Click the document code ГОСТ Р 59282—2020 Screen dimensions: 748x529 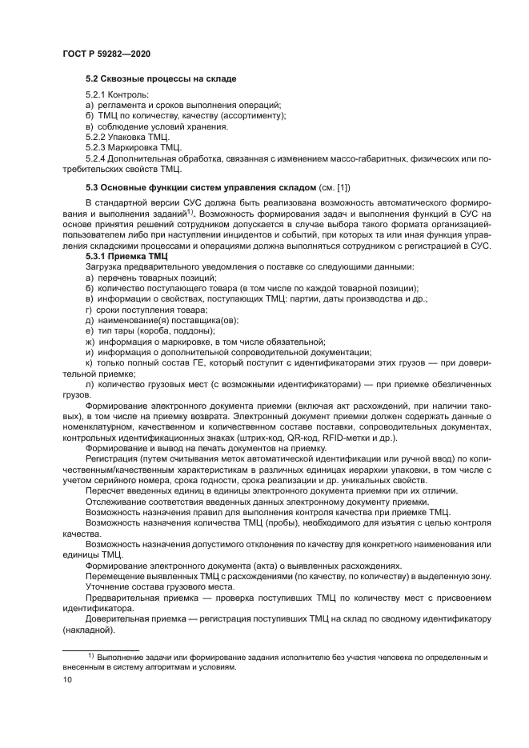106,53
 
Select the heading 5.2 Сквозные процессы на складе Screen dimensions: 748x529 160,80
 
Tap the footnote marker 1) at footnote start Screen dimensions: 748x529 92,656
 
